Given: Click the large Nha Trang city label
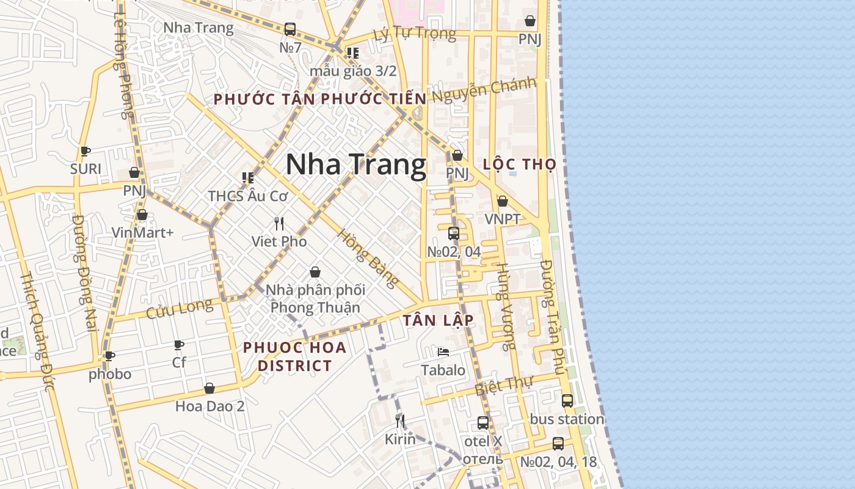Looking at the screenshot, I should (356, 165).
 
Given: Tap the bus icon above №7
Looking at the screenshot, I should (290, 29).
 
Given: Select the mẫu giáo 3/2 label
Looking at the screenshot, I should (353, 71).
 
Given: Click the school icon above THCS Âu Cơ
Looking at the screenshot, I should (248, 178).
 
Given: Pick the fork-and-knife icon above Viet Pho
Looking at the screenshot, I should (279, 223).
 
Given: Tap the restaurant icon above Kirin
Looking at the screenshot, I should (400, 421).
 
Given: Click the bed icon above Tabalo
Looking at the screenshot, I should (443, 351).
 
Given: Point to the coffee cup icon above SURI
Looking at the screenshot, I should (85, 151).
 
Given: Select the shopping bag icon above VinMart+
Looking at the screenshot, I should (142, 215).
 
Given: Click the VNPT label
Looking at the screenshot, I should (503, 219).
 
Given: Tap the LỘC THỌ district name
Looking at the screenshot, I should (519, 164).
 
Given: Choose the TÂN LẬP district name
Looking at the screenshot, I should (438, 320).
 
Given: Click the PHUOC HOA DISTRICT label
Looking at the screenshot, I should (294, 356).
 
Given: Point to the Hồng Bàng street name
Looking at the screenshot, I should (368, 258).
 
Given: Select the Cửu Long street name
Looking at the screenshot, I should (180, 309).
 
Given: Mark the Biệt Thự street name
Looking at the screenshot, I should (504, 385).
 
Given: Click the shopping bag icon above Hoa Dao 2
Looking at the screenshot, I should (209, 388).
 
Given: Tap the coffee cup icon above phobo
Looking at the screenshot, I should (110, 356).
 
